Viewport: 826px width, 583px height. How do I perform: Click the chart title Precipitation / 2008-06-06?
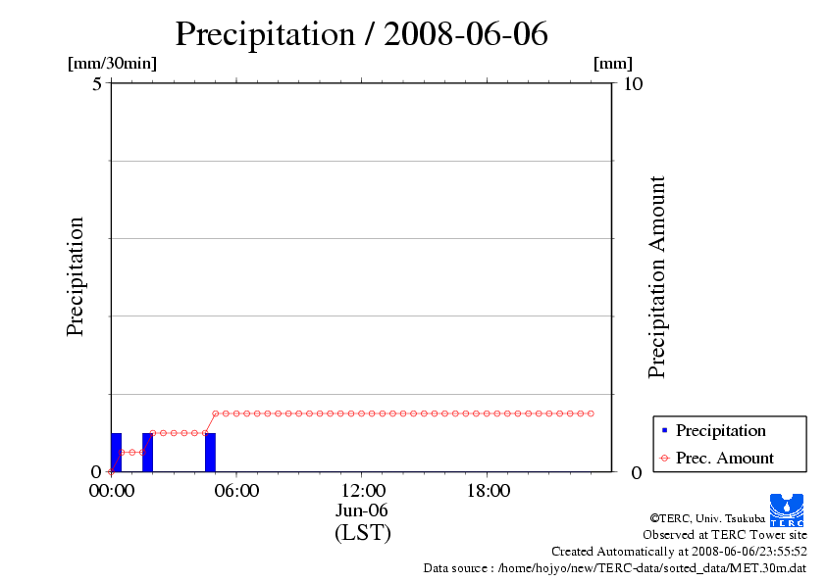361,34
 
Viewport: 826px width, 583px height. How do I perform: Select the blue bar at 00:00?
116,452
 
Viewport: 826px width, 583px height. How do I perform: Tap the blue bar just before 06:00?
210,452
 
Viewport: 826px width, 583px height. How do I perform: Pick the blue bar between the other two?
147,452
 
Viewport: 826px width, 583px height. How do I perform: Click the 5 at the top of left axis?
97,83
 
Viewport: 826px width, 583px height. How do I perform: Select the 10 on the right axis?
634,83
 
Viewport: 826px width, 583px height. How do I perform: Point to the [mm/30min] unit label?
112,64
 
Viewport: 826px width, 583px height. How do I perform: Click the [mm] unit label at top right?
613,64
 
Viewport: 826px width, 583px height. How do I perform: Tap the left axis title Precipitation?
76,276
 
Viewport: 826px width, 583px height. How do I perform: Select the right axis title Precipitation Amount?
657,276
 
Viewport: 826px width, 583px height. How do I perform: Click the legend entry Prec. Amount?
724,458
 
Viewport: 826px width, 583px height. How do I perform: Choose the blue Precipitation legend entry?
720,430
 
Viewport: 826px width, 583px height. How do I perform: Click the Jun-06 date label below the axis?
362,511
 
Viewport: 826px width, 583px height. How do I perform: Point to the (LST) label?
362,533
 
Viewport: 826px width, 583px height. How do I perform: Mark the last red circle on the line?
591,413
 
